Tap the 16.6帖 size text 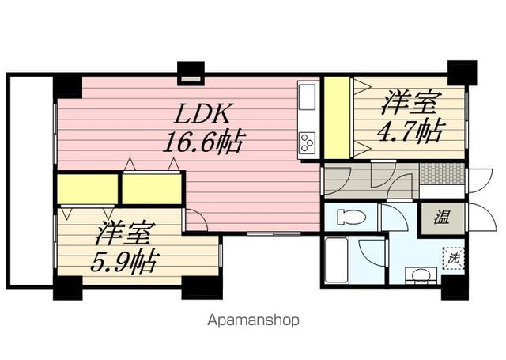tap(203, 142)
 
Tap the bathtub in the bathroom tap(335, 261)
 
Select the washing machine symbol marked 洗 tap(453, 258)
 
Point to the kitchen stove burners tap(307, 143)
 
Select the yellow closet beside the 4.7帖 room tap(337, 117)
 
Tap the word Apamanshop tap(253, 320)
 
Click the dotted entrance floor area tap(440, 172)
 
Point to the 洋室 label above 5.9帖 tap(124, 235)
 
